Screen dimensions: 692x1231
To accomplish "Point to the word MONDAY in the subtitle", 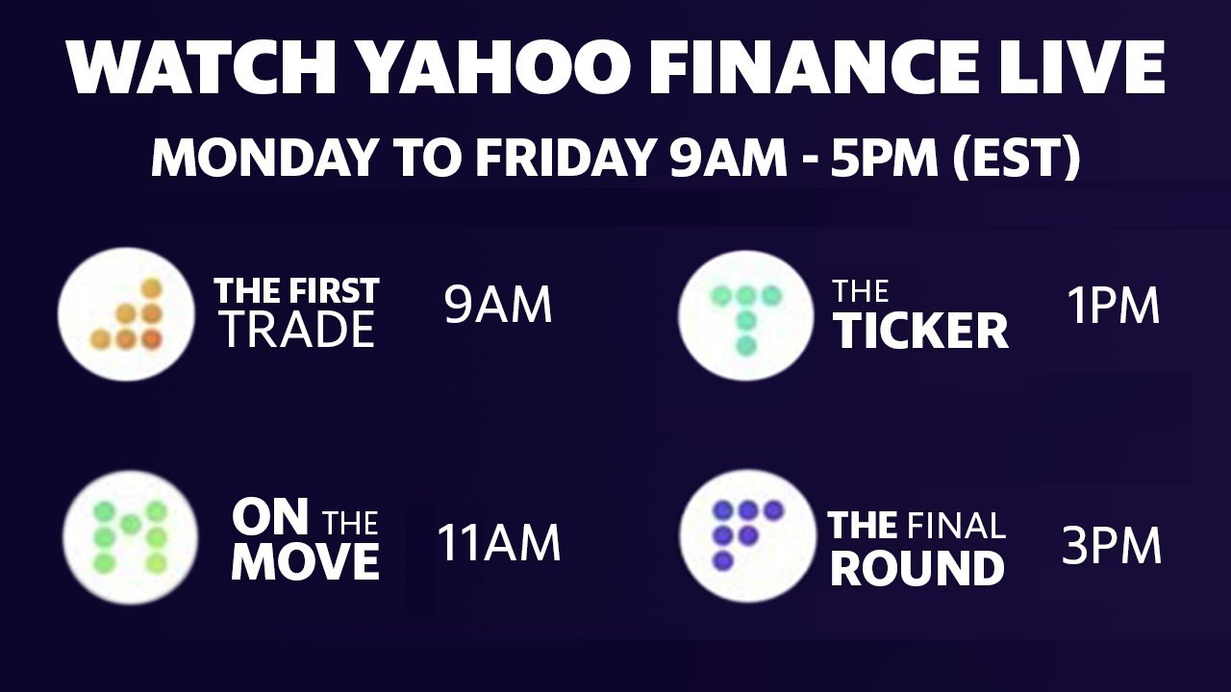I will (264, 158).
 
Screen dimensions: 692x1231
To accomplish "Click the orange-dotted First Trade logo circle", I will (125, 314).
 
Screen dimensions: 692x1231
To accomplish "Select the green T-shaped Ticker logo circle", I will (745, 314).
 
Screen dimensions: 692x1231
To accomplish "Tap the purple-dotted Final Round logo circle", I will (746, 535).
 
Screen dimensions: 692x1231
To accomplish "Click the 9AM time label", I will (498, 306).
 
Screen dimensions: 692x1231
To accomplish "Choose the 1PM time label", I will (1113, 306).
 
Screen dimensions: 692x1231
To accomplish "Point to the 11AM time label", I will (498, 543).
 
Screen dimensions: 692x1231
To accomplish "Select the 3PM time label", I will (1112, 546).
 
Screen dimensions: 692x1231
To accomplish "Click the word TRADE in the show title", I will (296, 331).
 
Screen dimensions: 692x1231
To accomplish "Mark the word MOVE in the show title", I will (305, 562).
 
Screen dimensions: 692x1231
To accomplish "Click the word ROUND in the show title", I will (917, 568).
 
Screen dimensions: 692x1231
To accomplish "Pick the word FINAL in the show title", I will (956, 526).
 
